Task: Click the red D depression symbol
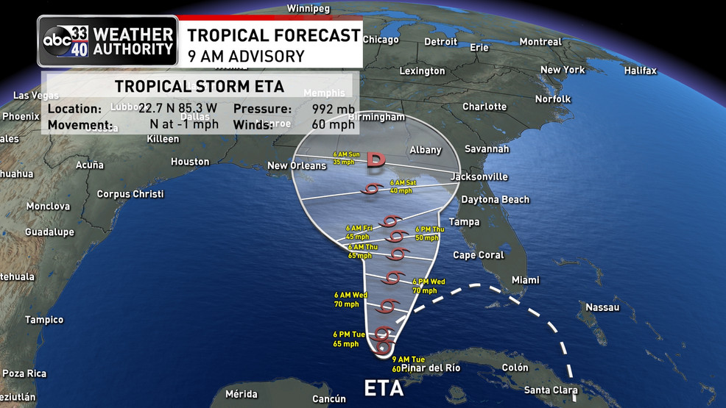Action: click(x=376, y=160)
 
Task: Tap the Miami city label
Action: click(x=525, y=280)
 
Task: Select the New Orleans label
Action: click(x=296, y=165)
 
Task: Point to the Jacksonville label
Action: click(x=479, y=176)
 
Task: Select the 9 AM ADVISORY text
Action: click(x=245, y=56)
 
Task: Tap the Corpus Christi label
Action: click(x=130, y=194)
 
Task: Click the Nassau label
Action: click(x=602, y=307)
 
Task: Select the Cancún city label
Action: click(x=329, y=398)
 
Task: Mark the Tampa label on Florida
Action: click(x=464, y=222)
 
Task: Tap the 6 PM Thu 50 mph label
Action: click(x=428, y=233)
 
